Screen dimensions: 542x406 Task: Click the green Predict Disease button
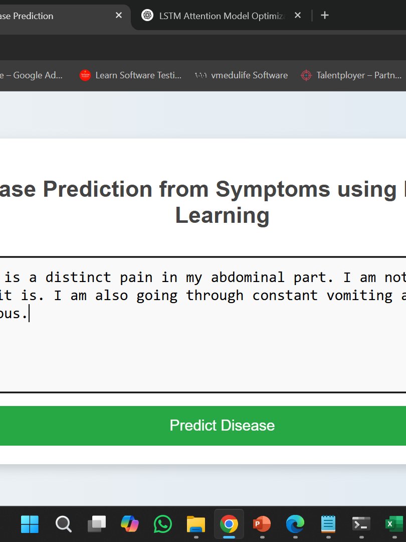(x=222, y=426)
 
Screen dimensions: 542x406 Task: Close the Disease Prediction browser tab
(x=119, y=16)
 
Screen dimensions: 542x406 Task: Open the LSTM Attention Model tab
(x=216, y=16)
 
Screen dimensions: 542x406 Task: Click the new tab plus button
(x=325, y=16)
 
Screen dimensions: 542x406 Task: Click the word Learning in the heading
(x=222, y=215)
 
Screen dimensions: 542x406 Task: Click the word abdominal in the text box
(x=248, y=277)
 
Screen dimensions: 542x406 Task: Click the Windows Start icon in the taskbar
(x=30, y=524)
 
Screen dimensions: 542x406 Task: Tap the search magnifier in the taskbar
(x=63, y=524)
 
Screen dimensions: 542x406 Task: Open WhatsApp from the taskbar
(x=162, y=524)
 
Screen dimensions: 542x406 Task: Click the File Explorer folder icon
(x=195, y=524)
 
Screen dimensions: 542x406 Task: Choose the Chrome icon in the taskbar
(x=229, y=524)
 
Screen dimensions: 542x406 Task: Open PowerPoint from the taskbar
(x=262, y=524)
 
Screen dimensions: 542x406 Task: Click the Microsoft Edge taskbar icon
(x=295, y=524)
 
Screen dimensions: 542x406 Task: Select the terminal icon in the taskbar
(x=361, y=524)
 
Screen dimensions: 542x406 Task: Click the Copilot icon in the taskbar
(x=129, y=524)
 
